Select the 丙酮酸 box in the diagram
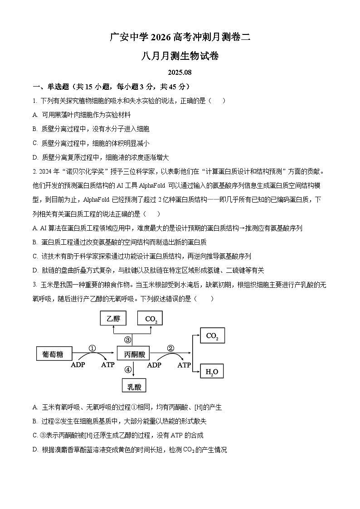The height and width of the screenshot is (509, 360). [133, 354]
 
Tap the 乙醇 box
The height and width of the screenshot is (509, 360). [113, 319]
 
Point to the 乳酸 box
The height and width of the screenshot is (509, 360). [134, 386]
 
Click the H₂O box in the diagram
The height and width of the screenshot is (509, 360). [212, 372]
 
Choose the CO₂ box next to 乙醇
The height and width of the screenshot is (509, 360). [151, 319]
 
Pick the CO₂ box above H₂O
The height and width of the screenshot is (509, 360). [212, 336]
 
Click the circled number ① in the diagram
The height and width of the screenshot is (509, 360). [92, 348]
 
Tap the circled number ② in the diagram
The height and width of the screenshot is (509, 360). [170, 348]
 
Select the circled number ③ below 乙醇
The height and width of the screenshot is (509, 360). [128, 339]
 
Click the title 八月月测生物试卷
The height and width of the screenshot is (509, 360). [180, 56]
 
